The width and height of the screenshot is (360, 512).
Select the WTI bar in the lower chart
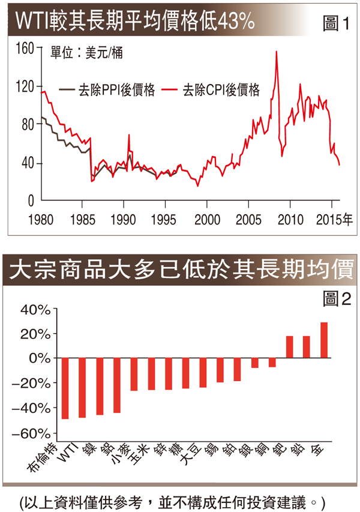pyautogui.click(x=83, y=387)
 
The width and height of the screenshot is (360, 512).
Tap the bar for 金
pyautogui.click(x=324, y=340)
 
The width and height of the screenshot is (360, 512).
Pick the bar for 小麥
pyautogui.click(x=117, y=385)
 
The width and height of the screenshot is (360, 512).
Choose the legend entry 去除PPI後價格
pyautogui.click(x=107, y=91)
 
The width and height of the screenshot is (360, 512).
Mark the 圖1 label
pyautogui.click(x=336, y=24)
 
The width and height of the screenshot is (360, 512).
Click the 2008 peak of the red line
pyautogui.click(x=276, y=52)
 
